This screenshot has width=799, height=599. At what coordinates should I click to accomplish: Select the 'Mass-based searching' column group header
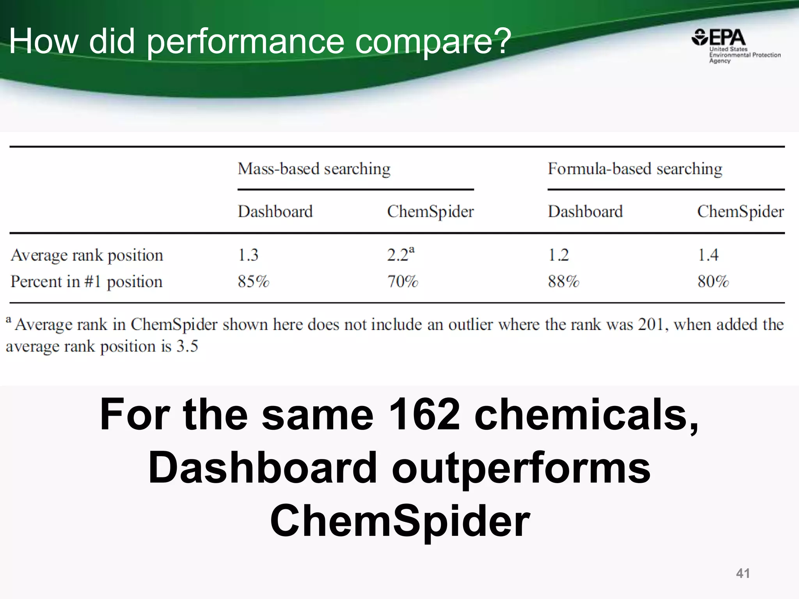(x=314, y=169)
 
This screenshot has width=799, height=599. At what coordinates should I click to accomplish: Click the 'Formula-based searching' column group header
(x=635, y=169)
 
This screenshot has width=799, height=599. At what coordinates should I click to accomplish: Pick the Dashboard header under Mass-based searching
(x=275, y=212)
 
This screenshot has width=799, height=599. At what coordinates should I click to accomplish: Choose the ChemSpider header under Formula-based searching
(x=740, y=212)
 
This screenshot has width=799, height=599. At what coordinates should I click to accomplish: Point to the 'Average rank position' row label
(x=87, y=255)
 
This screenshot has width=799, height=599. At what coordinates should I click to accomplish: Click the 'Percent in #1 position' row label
(x=86, y=282)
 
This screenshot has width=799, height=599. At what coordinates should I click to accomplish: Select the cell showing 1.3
(x=248, y=255)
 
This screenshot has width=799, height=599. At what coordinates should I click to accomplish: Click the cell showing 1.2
(x=558, y=255)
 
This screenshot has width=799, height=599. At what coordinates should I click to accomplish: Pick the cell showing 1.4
(x=708, y=255)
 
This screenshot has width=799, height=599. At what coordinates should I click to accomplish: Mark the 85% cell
(x=254, y=282)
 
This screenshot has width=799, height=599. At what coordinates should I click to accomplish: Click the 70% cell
(x=403, y=282)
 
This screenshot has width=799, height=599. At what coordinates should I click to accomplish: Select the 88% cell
(x=563, y=282)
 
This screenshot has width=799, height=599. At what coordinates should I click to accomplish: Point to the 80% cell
(x=713, y=282)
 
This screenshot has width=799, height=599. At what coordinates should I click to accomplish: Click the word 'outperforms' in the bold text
(x=521, y=468)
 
